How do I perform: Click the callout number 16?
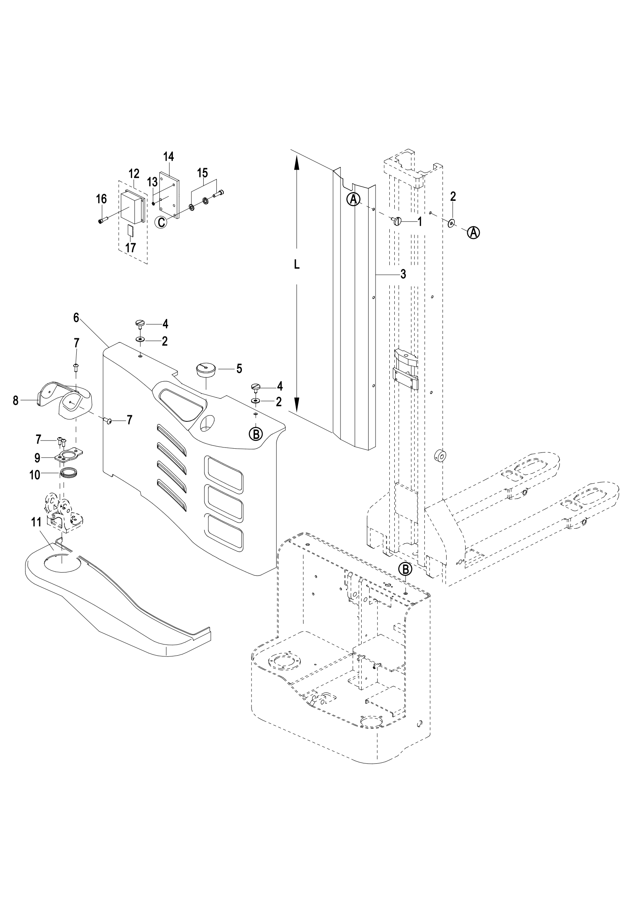[x=101, y=199]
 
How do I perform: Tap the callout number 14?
[x=168, y=157]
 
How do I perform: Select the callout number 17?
[x=131, y=248]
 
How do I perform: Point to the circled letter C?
[x=161, y=222]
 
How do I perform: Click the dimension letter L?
[x=297, y=265]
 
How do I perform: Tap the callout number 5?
[x=239, y=369]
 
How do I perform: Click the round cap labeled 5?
[x=206, y=370]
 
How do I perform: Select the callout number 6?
[x=76, y=317]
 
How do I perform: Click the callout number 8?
[x=16, y=401]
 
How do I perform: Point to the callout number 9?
[x=37, y=458]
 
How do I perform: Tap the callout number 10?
[x=35, y=475]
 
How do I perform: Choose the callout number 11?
[x=37, y=523]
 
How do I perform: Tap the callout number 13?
[x=152, y=182]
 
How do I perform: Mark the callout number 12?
[x=134, y=173]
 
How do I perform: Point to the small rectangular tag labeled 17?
[x=131, y=230]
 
